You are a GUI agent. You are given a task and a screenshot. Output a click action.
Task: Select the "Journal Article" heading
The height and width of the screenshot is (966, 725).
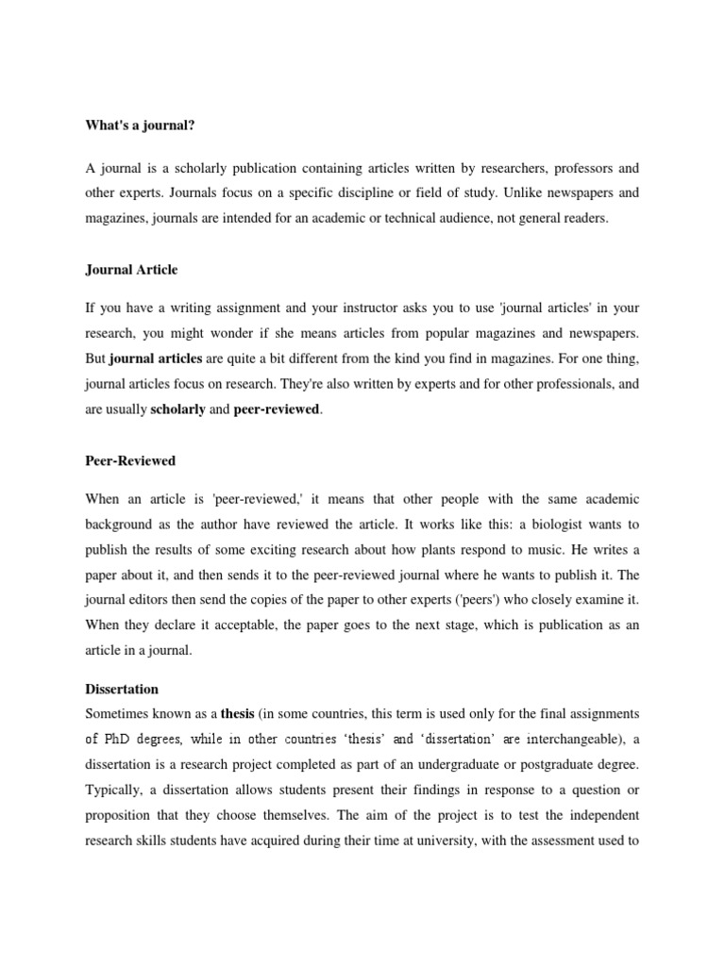131,269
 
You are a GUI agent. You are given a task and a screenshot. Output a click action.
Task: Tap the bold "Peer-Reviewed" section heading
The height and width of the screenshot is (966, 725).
130,461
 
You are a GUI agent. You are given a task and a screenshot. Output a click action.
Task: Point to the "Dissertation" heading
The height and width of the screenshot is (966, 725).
122,689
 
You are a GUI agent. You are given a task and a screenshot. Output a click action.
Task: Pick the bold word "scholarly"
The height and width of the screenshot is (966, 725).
178,410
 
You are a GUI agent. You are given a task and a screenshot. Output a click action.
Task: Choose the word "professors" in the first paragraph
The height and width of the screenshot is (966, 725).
566,169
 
